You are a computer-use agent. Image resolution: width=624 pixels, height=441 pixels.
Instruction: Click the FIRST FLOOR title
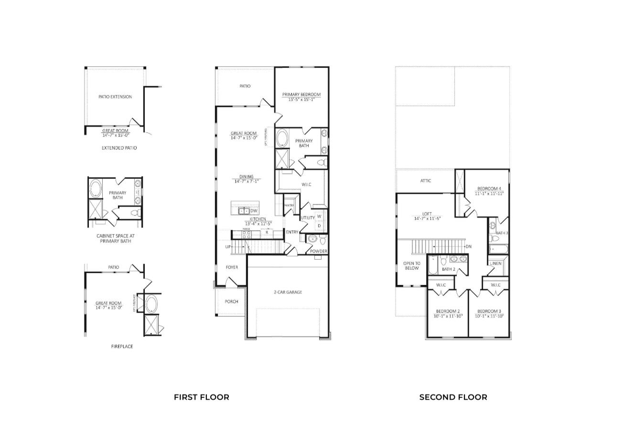coord(201,397)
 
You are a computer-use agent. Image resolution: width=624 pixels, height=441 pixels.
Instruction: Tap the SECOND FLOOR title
coord(453,397)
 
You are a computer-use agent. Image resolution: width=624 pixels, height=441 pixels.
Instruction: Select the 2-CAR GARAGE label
coord(288,292)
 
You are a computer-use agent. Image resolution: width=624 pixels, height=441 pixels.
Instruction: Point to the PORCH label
coord(231,301)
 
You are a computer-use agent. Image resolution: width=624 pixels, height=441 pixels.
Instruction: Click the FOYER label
coord(232,267)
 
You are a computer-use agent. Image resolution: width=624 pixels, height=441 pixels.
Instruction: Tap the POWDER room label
coord(319,251)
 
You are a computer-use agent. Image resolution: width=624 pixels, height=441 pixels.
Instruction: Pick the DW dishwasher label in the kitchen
coord(254,210)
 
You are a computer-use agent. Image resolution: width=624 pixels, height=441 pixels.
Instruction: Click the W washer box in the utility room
coord(319,217)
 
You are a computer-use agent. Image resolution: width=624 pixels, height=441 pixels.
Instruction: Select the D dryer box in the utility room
coord(319,226)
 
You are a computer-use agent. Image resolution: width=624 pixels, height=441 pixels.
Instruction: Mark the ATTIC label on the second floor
coord(426,181)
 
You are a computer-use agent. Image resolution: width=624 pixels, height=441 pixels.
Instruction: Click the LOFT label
coord(427,214)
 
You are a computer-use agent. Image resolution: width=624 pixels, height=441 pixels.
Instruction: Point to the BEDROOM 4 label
coord(489,188)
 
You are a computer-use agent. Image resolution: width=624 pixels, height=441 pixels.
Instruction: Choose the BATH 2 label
coord(448,269)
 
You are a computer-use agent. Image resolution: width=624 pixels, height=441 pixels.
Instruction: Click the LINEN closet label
coord(495,264)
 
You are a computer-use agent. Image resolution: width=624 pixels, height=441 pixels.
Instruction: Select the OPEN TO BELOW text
coord(411,265)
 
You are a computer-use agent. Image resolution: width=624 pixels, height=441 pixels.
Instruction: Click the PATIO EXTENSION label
coord(115,97)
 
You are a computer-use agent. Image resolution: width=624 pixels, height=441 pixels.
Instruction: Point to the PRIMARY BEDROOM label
coord(301,95)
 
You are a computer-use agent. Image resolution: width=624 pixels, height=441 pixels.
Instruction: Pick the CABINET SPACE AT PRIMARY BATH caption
coord(114,238)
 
